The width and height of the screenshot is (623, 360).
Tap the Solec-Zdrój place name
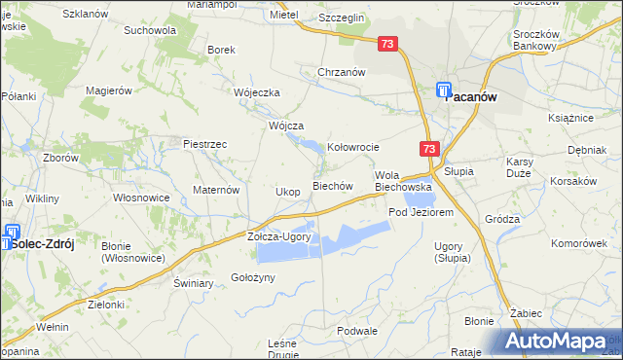click(39, 248)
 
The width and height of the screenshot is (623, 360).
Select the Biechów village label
click(331, 186)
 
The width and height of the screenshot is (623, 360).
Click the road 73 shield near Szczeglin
click(388, 45)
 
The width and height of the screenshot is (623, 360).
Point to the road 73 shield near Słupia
click(430, 148)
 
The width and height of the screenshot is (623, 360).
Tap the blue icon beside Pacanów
click(443, 89)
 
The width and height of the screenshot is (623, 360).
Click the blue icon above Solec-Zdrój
click(13, 233)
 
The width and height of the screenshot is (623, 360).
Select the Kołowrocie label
click(352, 148)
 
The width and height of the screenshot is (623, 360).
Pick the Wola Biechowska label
click(403, 180)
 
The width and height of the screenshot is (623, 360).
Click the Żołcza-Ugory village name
click(278, 236)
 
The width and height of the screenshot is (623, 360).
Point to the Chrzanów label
click(342, 72)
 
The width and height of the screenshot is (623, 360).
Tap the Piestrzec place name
click(205, 144)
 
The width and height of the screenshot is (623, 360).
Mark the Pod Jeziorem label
click(421, 211)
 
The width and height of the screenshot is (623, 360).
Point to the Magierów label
click(108, 90)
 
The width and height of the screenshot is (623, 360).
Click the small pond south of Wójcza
click(311, 148)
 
